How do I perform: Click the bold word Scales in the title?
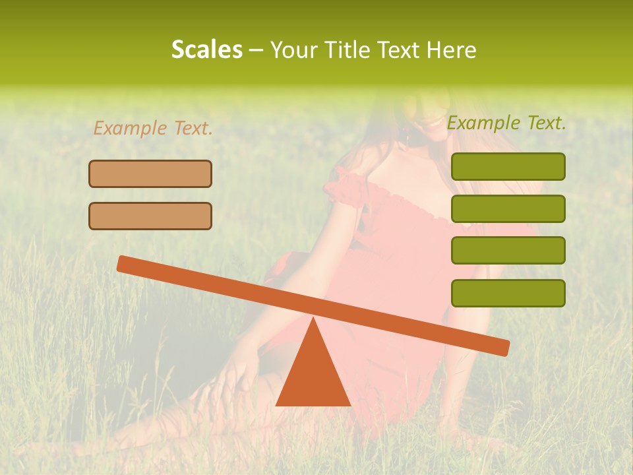pos(206,49)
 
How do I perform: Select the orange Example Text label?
pos(153,128)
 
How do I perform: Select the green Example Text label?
pos(506,123)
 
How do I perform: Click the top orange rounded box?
pos(150,174)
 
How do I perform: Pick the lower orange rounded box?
pos(150,216)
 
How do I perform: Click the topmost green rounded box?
pos(508,166)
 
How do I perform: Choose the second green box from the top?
pos(508,208)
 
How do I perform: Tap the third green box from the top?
pos(508,250)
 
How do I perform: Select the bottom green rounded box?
pos(508,293)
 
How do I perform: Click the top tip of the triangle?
pos(313,319)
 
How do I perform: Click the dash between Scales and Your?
pos(256,50)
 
